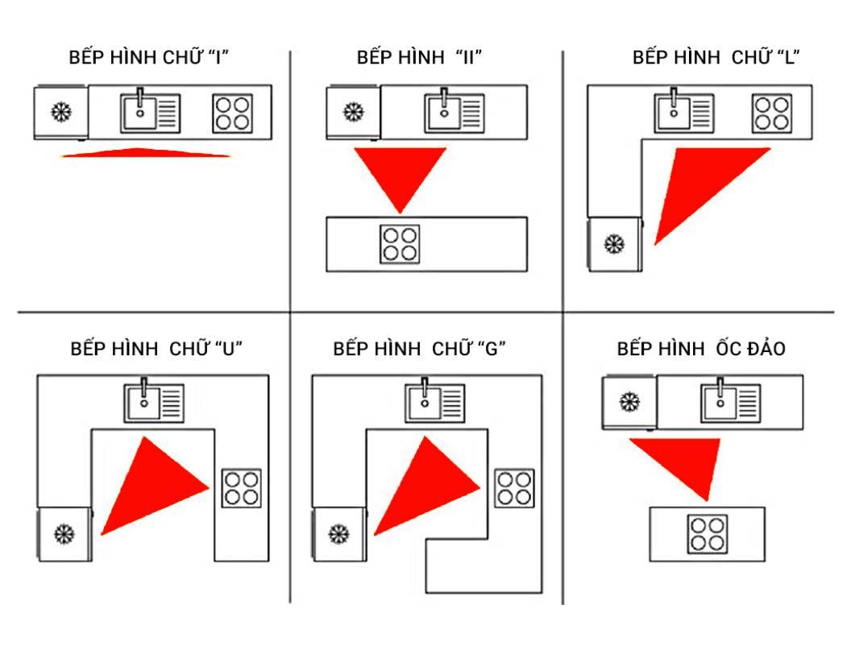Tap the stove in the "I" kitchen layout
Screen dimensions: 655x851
click(234, 114)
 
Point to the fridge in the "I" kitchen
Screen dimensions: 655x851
click(60, 112)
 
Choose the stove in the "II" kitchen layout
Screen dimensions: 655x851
click(400, 243)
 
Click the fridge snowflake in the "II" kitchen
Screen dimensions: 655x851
click(352, 112)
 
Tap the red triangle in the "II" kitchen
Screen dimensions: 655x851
click(401, 176)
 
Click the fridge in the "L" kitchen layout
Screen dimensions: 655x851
click(615, 243)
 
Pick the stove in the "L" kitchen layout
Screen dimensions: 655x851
click(772, 114)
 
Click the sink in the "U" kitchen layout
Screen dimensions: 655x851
click(153, 403)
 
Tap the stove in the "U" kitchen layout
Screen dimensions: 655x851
click(242, 487)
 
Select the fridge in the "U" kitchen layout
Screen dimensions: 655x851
click(64, 533)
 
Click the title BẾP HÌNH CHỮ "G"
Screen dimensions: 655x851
click(419, 349)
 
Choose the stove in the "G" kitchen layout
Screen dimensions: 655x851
click(514, 487)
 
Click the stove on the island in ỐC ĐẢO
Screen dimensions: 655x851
click(707, 533)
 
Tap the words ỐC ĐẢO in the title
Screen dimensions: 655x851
click(749, 349)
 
